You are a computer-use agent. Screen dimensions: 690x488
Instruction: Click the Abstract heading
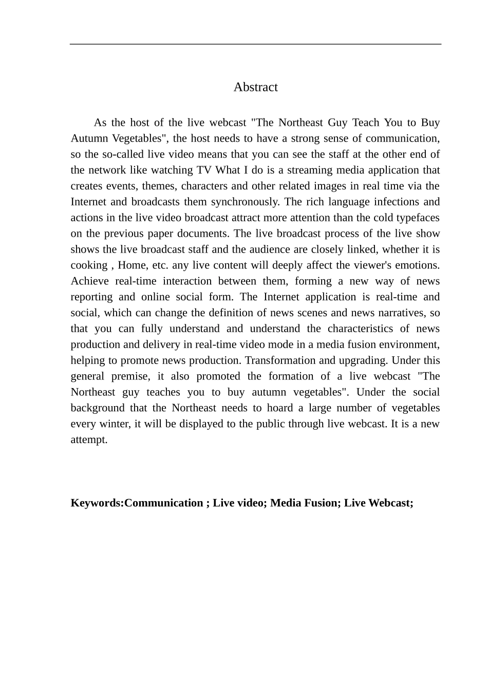255,87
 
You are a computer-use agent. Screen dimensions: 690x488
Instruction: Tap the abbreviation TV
204,170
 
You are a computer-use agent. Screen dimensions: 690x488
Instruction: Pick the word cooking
89,266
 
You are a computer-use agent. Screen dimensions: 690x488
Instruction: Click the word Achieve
89,282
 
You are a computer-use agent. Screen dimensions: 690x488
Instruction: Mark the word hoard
279,409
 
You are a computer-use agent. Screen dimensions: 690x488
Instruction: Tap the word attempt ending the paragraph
89,440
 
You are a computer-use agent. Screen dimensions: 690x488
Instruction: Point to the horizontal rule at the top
255,45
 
